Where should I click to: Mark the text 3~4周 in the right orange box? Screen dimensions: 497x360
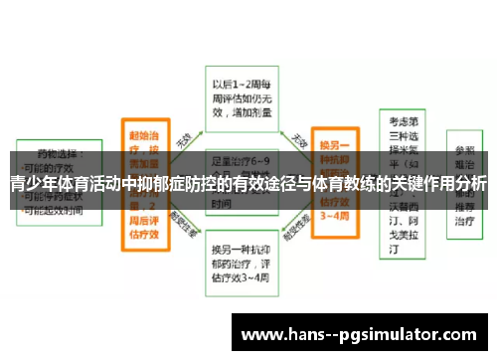[335, 216]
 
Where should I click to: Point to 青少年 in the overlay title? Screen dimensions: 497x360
[31, 184]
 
